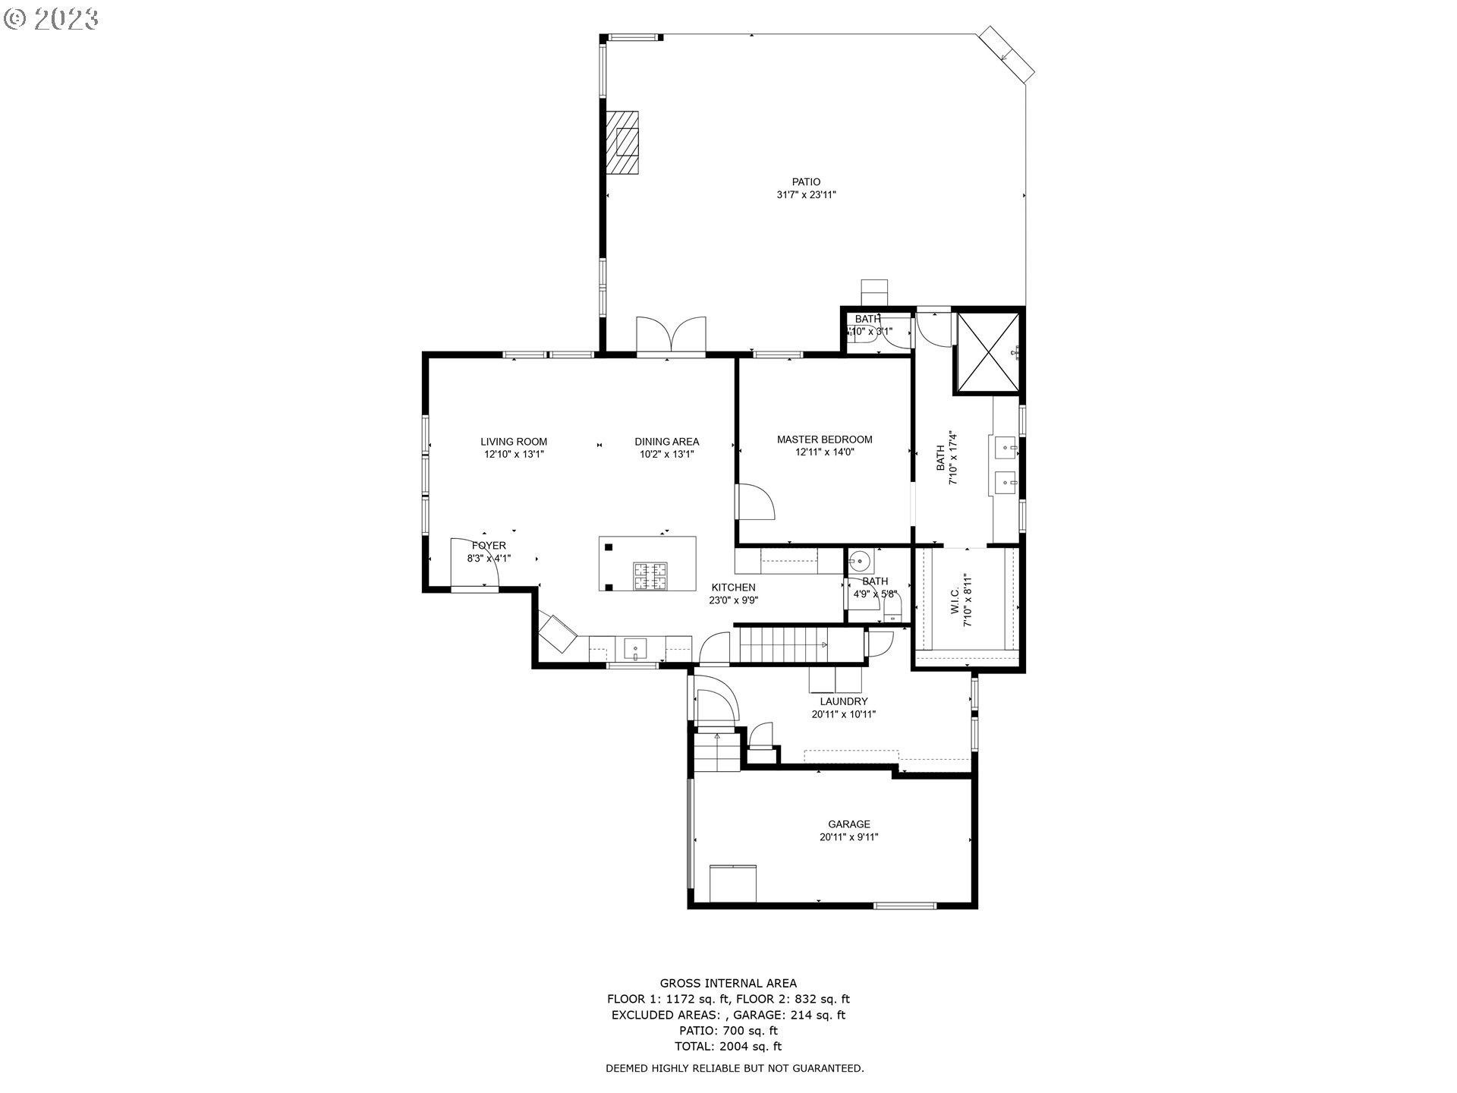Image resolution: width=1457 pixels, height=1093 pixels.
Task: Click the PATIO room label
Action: coord(806,182)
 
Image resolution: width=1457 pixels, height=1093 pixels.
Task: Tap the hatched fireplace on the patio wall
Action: coord(622,143)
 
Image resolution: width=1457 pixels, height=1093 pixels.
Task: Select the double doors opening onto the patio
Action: coord(671,335)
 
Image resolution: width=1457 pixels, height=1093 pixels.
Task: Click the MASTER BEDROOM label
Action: coord(824,439)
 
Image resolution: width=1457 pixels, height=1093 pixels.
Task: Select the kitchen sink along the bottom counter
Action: coord(635,649)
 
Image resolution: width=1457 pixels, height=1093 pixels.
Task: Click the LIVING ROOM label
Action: coord(514,442)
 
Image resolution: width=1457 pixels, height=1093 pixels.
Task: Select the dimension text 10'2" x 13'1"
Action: coord(666,455)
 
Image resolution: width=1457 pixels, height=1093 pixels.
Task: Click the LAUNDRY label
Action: coord(843,701)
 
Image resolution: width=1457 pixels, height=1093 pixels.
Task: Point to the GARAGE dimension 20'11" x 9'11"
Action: coord(848,837)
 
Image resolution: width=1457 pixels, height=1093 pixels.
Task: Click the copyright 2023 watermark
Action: coord(52,18)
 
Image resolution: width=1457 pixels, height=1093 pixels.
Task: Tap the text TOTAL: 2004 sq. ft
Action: coord(728,1046)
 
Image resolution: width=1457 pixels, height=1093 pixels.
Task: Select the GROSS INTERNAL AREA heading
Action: coord(728,983)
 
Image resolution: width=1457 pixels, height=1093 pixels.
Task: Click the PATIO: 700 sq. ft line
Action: coord(728,1030)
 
